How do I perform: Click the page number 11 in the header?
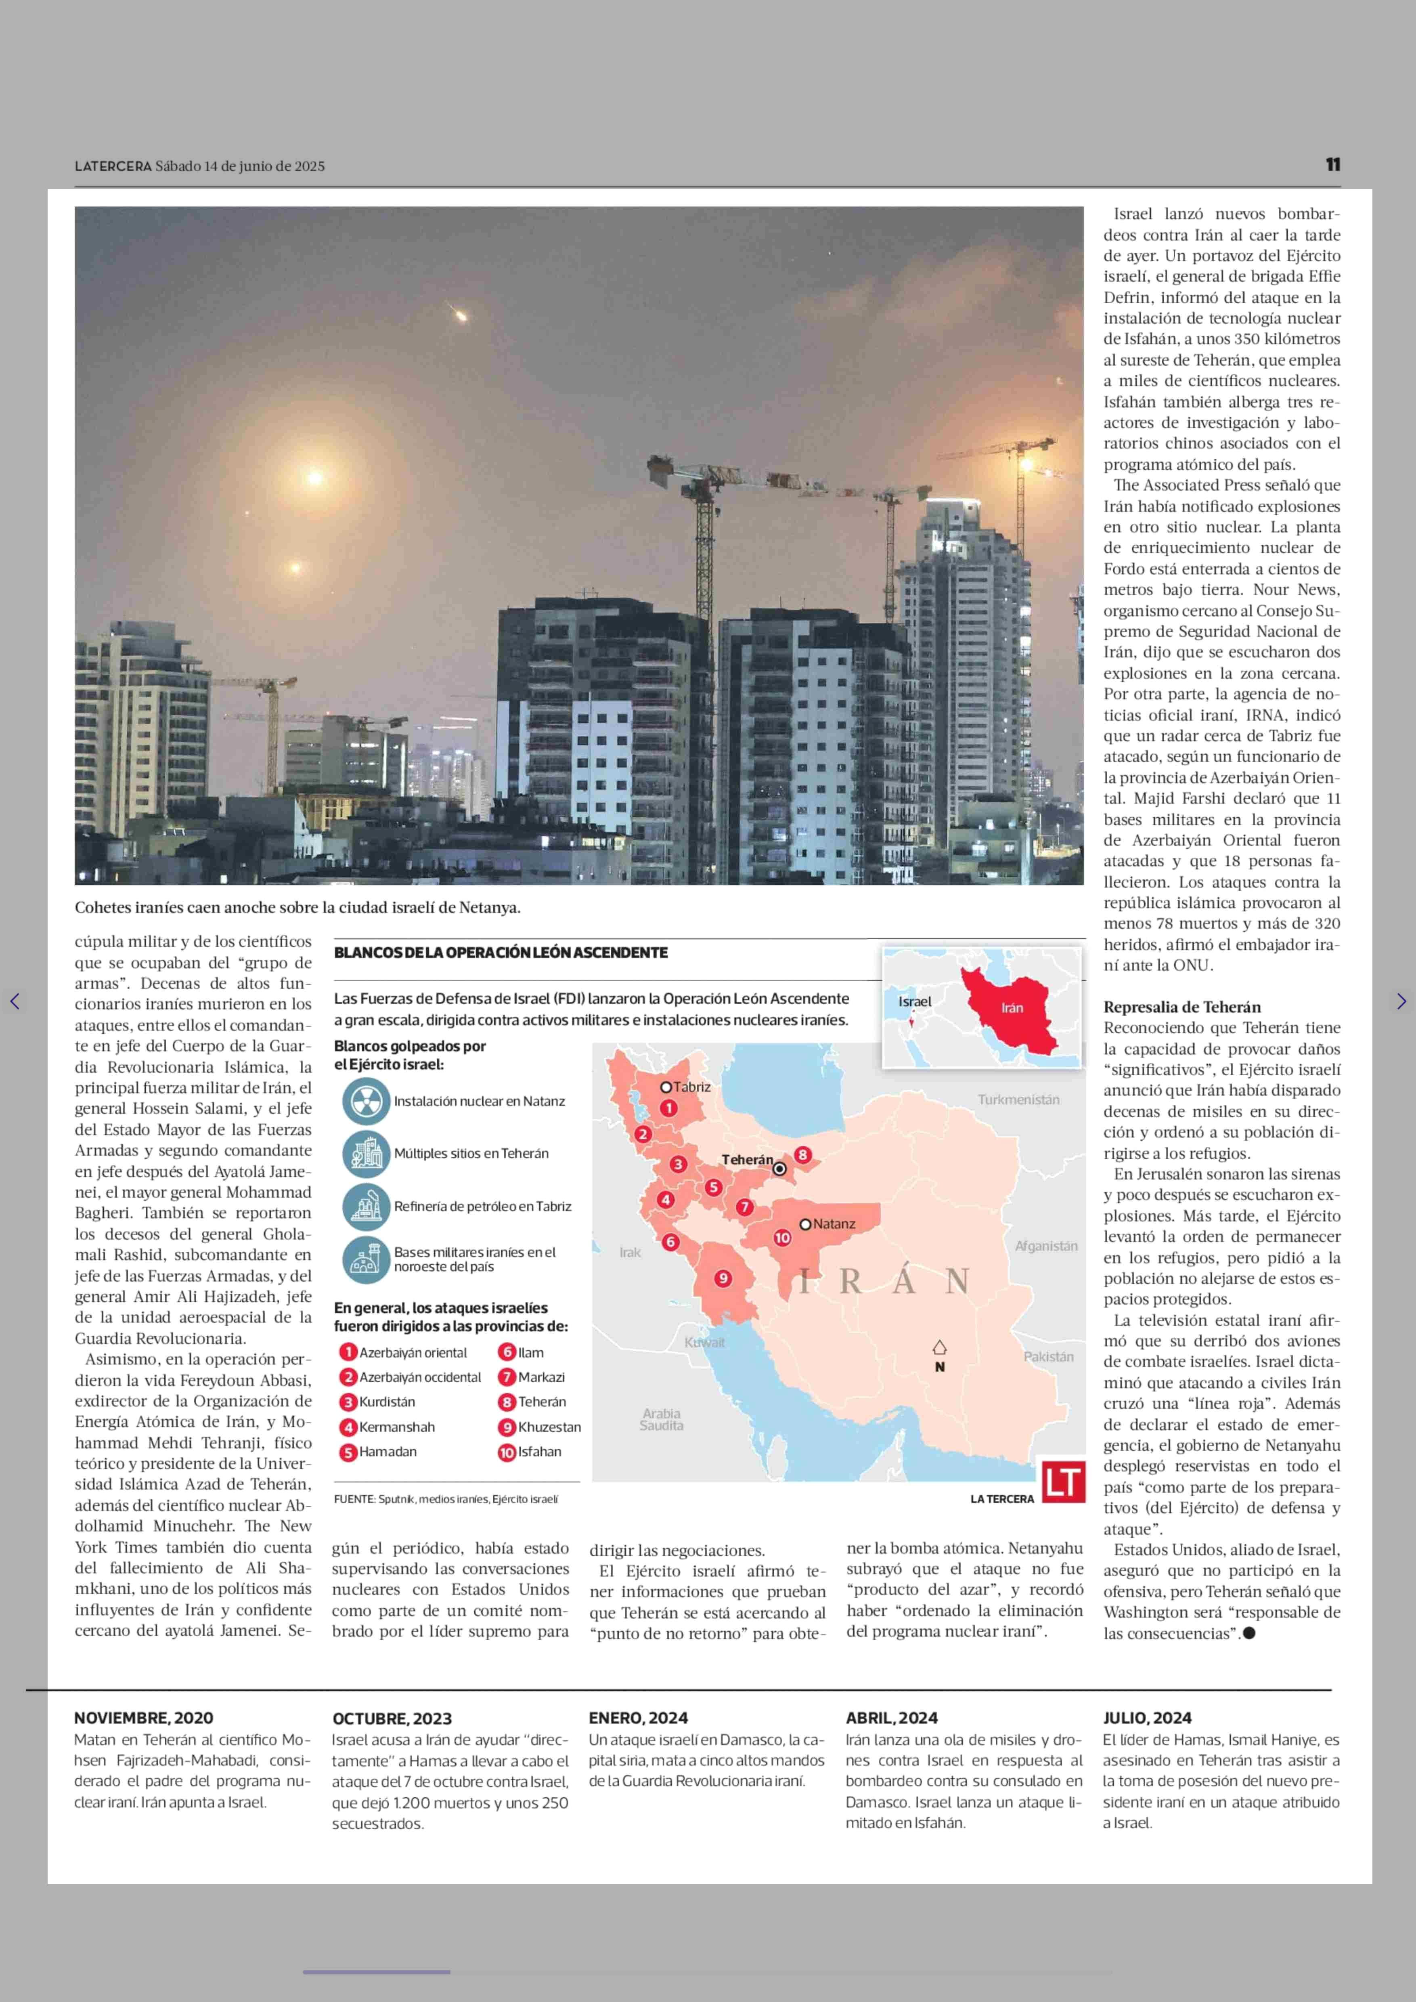click(1332, 165)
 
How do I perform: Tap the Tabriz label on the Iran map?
click(691, 1087)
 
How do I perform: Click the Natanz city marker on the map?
click(806, 1224)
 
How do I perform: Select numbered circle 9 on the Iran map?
click(723, 1278)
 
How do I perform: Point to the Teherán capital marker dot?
click(779, 1168)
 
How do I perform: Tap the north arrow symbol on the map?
click(939, 1348)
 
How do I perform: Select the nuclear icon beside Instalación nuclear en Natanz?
click(365, 1101)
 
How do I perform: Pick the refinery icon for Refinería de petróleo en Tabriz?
click(365, 1206)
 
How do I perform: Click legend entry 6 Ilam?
click(522, 1352)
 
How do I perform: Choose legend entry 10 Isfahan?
click(530, 1452)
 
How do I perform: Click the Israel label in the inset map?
click(915, 1001)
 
